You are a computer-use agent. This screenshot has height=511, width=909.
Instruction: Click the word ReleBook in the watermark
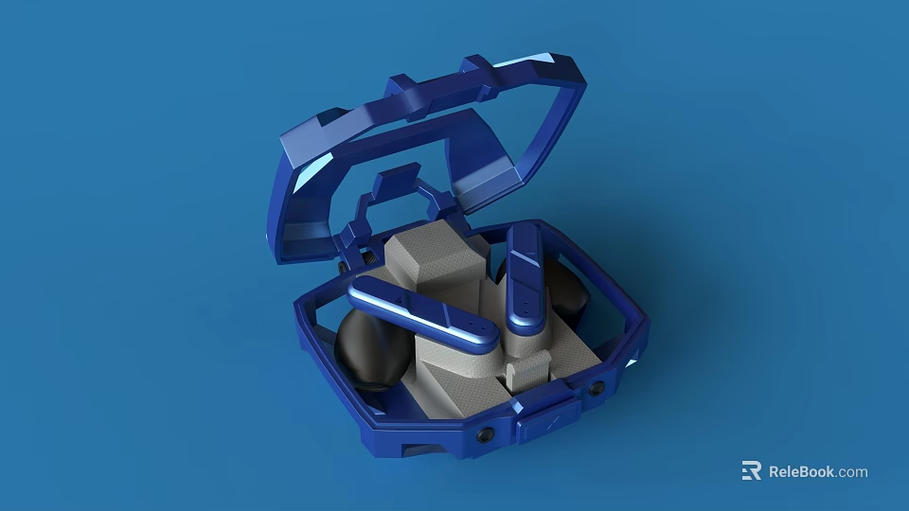coord(802,471)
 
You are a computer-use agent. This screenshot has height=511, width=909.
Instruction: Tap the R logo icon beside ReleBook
coord(751,471)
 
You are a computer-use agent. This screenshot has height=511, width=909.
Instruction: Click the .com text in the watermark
coord(852,472)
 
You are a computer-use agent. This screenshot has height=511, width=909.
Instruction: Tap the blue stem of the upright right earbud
coord(525,277)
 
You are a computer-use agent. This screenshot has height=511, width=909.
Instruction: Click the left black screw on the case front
coord(485,434)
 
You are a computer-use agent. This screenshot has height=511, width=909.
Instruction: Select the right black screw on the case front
coord(597,389)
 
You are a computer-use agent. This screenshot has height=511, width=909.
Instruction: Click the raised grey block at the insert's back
coord(435,257)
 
